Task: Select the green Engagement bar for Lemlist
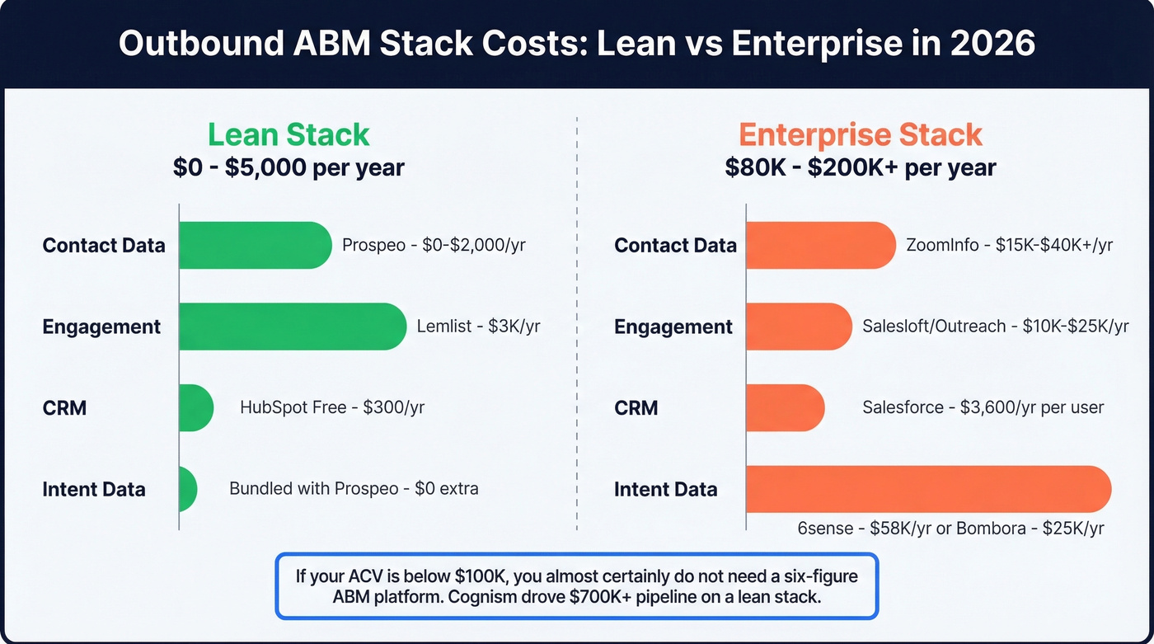293,327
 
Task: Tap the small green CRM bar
196,407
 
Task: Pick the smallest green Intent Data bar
188,488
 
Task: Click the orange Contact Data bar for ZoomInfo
820,245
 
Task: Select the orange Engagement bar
798,327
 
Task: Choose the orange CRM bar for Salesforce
785,407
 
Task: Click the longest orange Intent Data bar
928,488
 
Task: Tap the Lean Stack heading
288,134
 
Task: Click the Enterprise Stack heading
861,134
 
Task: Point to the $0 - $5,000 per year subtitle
288,168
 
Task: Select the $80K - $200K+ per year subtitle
861,168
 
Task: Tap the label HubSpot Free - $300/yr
332,407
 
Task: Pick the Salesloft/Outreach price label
996,327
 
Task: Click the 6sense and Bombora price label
950,529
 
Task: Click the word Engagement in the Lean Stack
101,327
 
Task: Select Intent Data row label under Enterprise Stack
665,488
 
